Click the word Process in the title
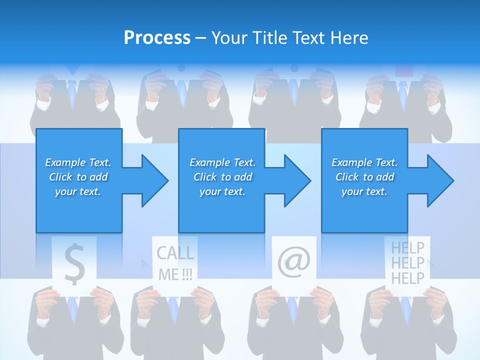[x=157, y=38]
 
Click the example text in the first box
[x=78, y=177]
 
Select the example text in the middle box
[x=222, y=177]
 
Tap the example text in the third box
[x=364, y=177]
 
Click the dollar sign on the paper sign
[x=74, y=264]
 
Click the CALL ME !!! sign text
[x=175, y=263]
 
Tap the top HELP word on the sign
[x=407, y=247]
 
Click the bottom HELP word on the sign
[x=407, y=277]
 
